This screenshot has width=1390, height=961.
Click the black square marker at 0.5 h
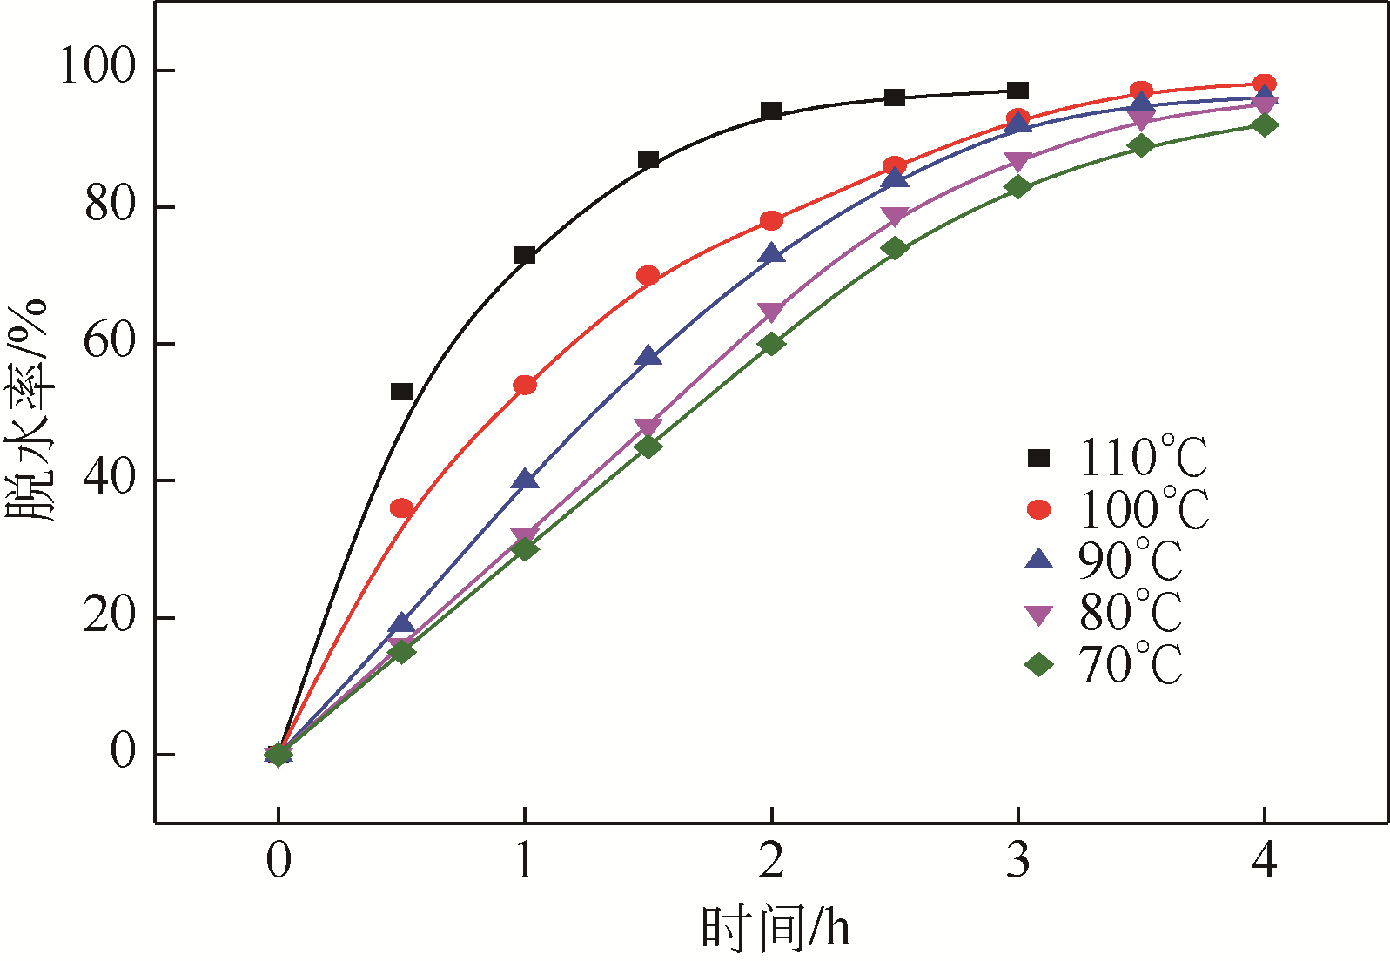[x=401, y=392]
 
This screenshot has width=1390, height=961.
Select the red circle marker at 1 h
[x=525, y=385]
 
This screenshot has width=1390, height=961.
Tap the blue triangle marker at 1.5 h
[x=648, y=357]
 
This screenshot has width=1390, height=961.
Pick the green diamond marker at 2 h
[x=771, y=344]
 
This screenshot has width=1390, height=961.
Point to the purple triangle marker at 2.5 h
[x=895, y=216]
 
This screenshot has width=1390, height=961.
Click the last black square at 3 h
[x=1018, y=91]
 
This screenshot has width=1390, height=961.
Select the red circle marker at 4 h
[x=1265, y=84]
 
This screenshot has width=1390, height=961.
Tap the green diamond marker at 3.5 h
[x=1141, y=146]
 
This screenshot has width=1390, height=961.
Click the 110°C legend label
[x=1144, y=458]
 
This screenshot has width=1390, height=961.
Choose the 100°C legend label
[x=1144, y=509]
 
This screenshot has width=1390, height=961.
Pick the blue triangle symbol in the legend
[x=1039, y=560]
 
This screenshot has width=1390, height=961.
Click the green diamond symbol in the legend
[x=1039, y=665]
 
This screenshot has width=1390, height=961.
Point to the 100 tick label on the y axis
[x=97, y=68]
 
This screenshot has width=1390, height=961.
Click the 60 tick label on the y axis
[x=111, y=342]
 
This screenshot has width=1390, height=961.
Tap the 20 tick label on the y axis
[x=111, y=616]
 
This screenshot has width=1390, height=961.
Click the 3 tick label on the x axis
[x=1018, y=861]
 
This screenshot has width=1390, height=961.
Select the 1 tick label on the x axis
[x=525, y=861]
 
